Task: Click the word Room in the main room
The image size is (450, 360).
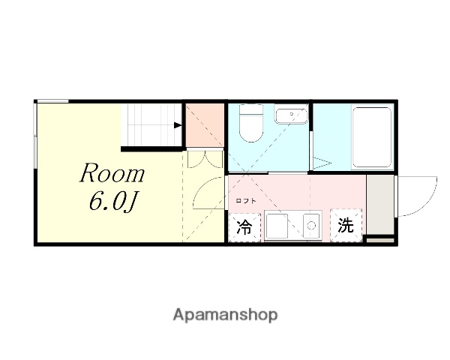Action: tap(112, 174)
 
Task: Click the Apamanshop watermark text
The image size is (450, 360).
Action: tap(224, 315)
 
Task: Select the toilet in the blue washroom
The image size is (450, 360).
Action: tap(249, 124)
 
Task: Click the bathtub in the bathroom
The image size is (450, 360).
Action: tap(371, 136)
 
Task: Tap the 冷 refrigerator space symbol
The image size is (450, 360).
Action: tap(244, 226)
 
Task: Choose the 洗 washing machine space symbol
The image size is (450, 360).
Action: tap(345, 226)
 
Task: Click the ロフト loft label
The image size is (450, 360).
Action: tap(246, 200)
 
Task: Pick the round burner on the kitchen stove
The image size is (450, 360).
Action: tap(310, 224)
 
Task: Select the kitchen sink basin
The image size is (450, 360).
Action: tap(277, 225)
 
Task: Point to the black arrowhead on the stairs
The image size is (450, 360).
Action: tap(178, 125)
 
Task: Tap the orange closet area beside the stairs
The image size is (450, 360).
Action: tap(205, 125)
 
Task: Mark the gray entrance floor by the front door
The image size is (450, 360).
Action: tap(379, 206)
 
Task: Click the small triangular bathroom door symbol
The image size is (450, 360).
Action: tap(322, 161)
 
